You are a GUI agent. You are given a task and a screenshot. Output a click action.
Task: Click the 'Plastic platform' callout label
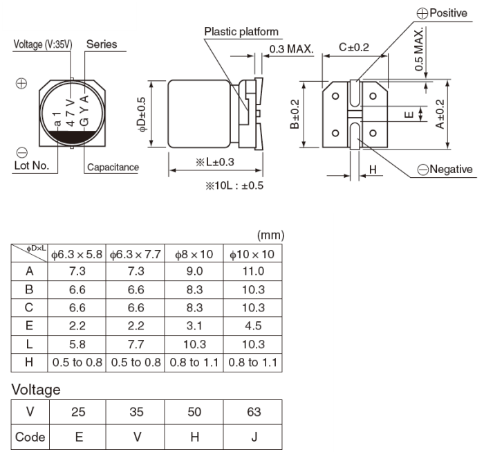point(241,31)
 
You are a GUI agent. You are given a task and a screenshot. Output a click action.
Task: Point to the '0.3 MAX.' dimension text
point(291,48)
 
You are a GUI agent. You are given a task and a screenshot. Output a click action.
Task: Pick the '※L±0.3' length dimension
point(214,162)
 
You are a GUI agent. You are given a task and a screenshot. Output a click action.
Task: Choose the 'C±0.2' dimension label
point(354,47)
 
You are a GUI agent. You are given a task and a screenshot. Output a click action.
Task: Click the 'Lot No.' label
point(31,166)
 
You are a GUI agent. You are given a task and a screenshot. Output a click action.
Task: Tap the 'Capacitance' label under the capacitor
point(113,167)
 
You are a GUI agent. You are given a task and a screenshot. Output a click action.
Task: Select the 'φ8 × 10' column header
point(194,254)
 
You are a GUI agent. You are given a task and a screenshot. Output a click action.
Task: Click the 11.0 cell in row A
point(254,272)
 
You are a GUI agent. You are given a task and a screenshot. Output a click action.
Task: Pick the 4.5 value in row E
point(254,326)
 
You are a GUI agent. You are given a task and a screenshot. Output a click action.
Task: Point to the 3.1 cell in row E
point(194,326)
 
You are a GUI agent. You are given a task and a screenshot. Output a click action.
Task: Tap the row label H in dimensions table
point(30,362)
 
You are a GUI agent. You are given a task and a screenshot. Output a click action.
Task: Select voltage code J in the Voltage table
point(254,437)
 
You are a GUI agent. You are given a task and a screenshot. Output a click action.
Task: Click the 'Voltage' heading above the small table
point(36,390)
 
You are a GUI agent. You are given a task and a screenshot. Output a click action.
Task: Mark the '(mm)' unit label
point(270,235)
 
